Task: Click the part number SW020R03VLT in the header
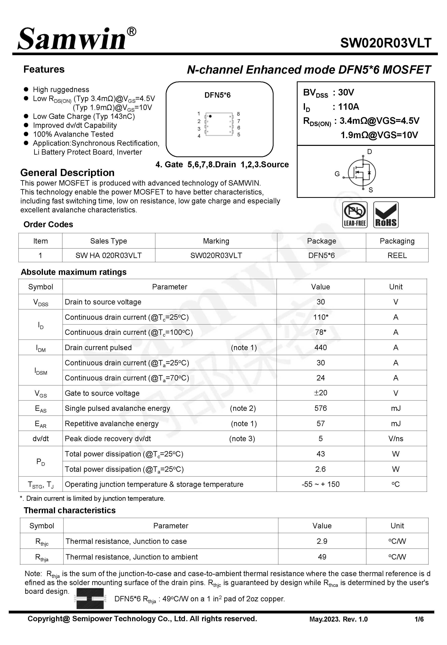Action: [385, 43]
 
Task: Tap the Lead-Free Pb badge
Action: [355, 215]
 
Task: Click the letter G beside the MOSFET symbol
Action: [337, 174]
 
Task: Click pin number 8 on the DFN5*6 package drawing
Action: [238, 114]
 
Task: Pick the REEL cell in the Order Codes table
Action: [397, 255]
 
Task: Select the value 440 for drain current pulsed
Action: [320, 347]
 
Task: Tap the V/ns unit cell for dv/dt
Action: [396, 439]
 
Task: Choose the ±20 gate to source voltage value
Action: [320, 393]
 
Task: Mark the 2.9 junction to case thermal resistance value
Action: [322, 541]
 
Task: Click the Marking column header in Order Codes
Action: [216, 241]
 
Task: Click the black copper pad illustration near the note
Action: [90, 599]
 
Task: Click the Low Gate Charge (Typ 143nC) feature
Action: [84, 116]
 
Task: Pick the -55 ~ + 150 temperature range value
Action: [320, 484]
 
